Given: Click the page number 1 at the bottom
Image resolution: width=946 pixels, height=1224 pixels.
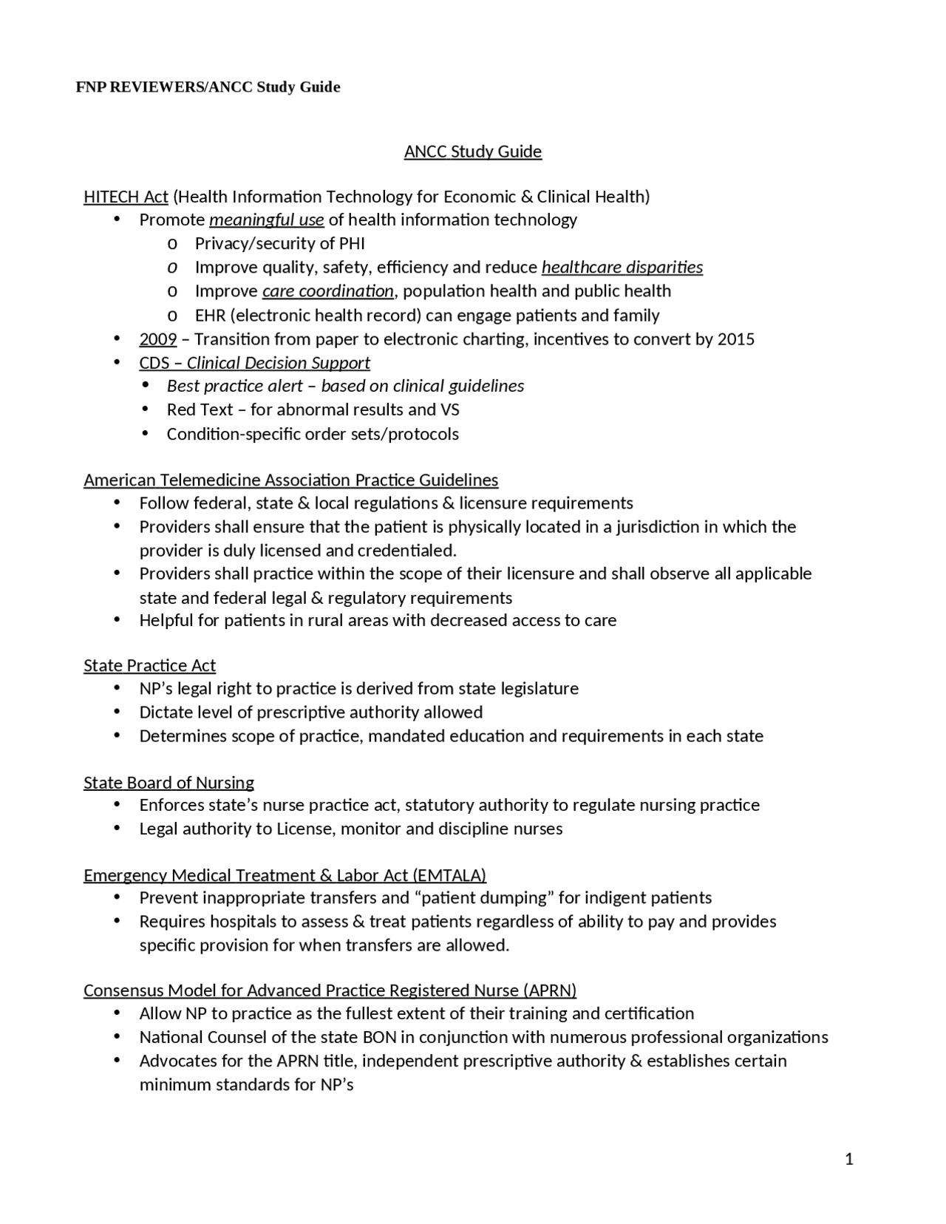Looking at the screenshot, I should pyautogui.click(x=848, y=1159).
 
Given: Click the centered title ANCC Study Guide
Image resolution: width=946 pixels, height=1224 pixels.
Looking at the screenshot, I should pyautogui.click(x=472, y=152).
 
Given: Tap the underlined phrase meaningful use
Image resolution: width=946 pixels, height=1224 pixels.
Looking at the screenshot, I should pyautogui.click(x=266, y=220).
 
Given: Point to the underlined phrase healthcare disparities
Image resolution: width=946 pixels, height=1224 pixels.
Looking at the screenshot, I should pyautogui.click(x=622, y=268).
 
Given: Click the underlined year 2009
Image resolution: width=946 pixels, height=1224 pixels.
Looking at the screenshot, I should pyautogui.click(x=157, y=339).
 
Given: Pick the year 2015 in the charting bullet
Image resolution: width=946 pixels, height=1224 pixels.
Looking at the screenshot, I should pyautogui.click(x=735, y=339).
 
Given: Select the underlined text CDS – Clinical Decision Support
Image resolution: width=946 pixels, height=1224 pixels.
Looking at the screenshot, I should pyautogui.click(x=254, y=363).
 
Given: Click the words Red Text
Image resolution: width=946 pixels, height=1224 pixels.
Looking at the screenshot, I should pyautogui.click(x=200, y=409).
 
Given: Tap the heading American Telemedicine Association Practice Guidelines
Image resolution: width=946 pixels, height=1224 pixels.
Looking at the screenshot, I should pyautogui.click(x=290, y=480).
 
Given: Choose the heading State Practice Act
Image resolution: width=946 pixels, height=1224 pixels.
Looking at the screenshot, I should pyautogui.click(x=149, y=666).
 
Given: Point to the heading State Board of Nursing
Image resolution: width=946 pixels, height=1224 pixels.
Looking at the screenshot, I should pyautogui.click(x=169, y=783).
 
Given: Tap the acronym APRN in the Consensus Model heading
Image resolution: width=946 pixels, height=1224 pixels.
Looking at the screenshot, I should pyautogui.click(x=549, y=990).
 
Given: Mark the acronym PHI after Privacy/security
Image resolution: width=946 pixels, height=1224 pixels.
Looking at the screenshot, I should pyautogui.click(x=351, y=244).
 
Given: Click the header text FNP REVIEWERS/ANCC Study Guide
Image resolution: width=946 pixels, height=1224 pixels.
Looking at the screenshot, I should pyautogui.click(x=208, y=87).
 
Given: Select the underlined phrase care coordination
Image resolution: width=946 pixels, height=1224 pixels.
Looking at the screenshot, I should pyautogui.click(x=327, y=291).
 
